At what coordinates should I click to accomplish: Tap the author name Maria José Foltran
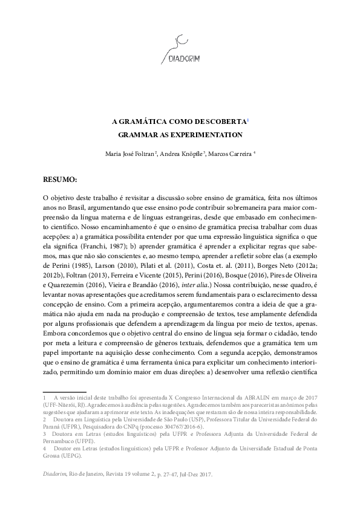(x=130, y=154)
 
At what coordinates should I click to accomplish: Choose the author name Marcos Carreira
(x=232, y=154)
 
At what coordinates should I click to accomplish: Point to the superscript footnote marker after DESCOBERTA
(x=247, y=118)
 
